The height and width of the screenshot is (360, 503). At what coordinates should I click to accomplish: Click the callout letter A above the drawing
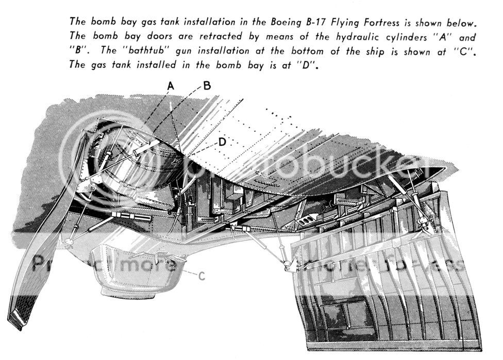pos(171,85)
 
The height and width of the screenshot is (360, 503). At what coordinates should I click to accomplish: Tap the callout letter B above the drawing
pos(207,85)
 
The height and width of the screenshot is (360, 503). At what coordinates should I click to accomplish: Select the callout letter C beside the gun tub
pos(202,276)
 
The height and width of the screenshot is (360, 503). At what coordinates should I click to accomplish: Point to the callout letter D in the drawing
pos(222,142)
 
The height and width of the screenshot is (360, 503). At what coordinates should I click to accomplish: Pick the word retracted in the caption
pos(221,36)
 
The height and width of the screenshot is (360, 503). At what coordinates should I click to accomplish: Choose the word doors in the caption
pos(158,36)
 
